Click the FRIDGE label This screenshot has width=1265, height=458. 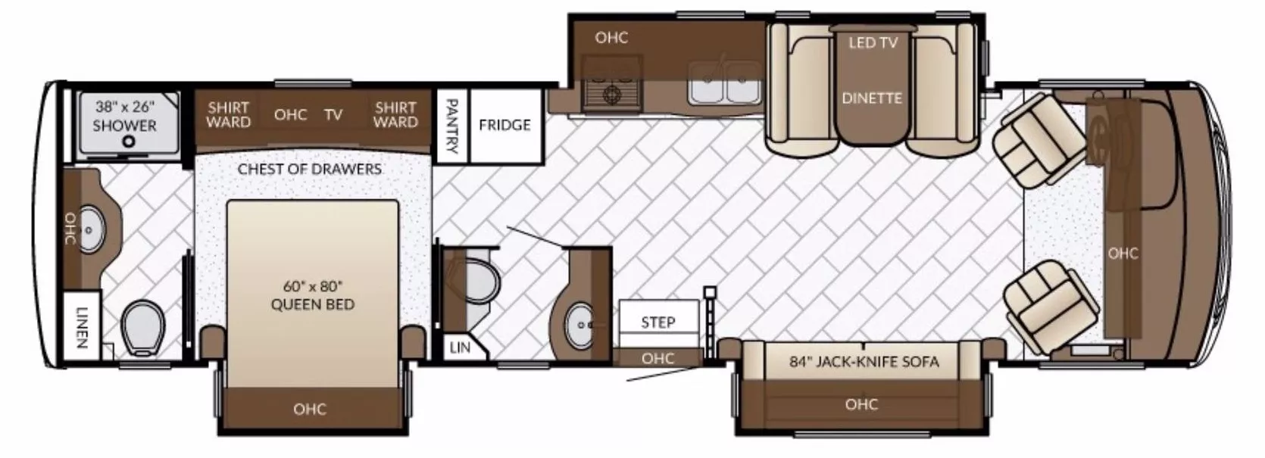(x=504, y=125)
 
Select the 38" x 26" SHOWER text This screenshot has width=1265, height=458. (x=124, y=117)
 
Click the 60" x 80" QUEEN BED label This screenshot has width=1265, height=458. (x=313, y=294)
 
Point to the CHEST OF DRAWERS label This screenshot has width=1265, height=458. (x=309, y=168)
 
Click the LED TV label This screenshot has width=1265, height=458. (x=873, y=42)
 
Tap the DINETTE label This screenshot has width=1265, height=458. (x=872, y=98)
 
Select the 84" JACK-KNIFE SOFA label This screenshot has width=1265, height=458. (x=864, y=362)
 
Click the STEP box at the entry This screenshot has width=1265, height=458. (x=657, y=322)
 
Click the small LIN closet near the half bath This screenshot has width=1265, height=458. (x=459, y=347)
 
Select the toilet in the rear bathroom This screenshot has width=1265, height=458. (x=143, y=327)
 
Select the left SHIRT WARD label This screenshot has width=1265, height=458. (x=228, y=114)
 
